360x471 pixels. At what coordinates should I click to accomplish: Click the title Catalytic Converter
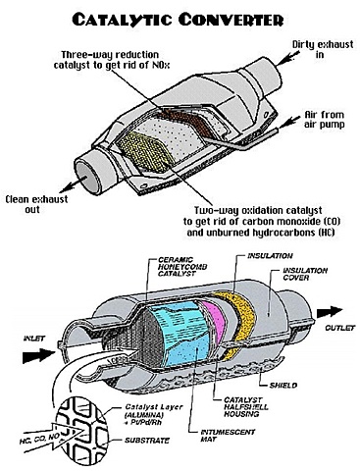[x=180, y=17]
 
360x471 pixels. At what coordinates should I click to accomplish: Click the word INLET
[x=23, y=339]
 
